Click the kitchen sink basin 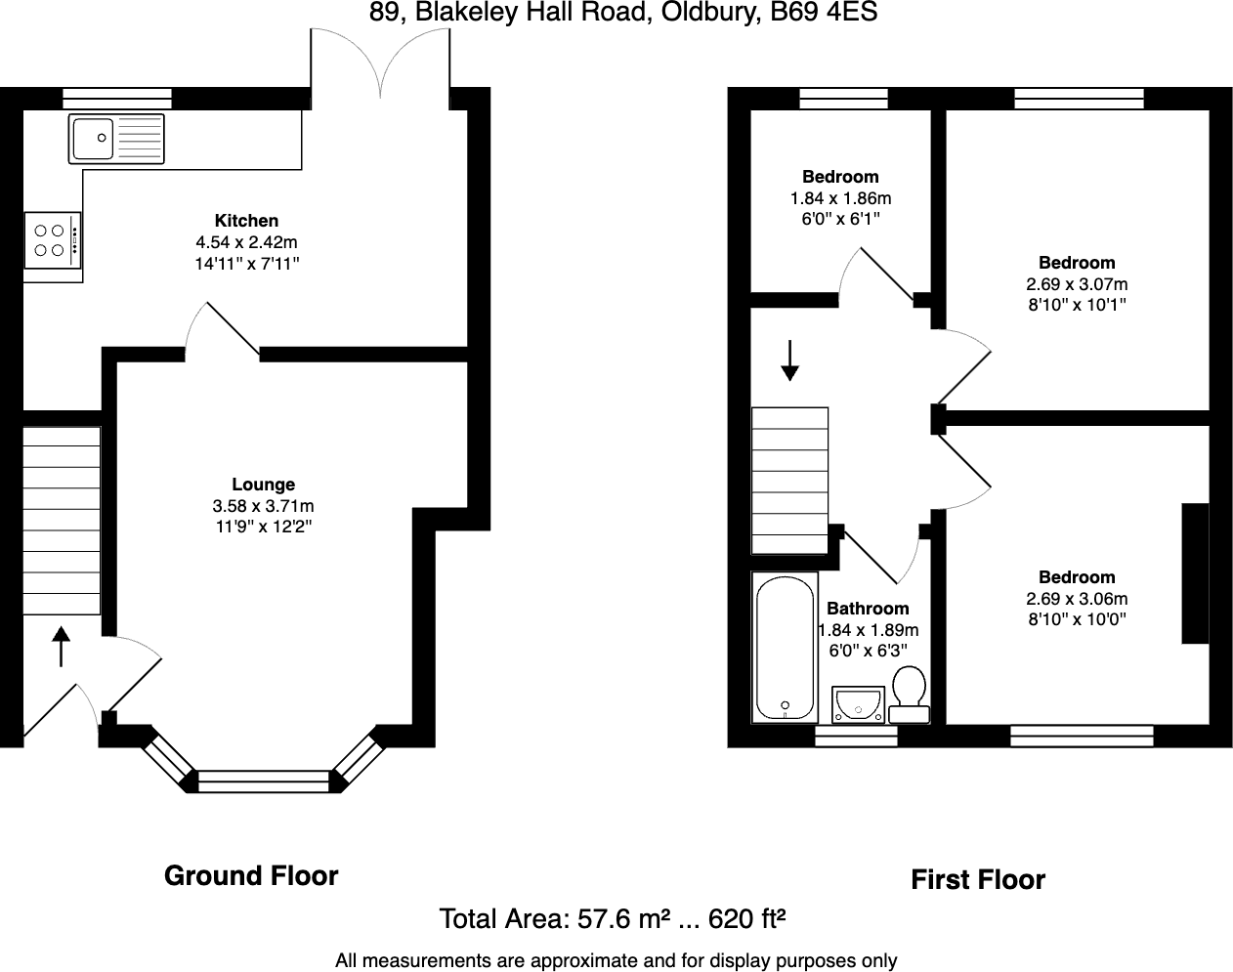click(93, 138)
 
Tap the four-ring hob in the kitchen click(53, 240)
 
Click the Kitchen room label click(246, 221)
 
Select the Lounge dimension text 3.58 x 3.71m click(263, 506)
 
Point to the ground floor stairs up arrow click(62, 647)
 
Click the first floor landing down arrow click(790, 360)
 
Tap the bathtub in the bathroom click(785, 649)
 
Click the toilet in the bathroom click(910, 694)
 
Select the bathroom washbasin click(858, 703)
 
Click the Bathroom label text click(868, 608)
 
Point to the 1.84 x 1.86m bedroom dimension click(840, 198)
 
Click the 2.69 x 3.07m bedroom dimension click(1077, 284)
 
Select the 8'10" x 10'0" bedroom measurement click(1077, 619)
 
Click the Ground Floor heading click(251, 875)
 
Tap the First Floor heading click(978, 880)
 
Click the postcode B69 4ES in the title click(824, 12)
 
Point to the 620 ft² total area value click(746, 919)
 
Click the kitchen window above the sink click(117, 98)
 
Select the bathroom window click(856, 736)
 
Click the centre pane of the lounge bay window click(264, 782)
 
